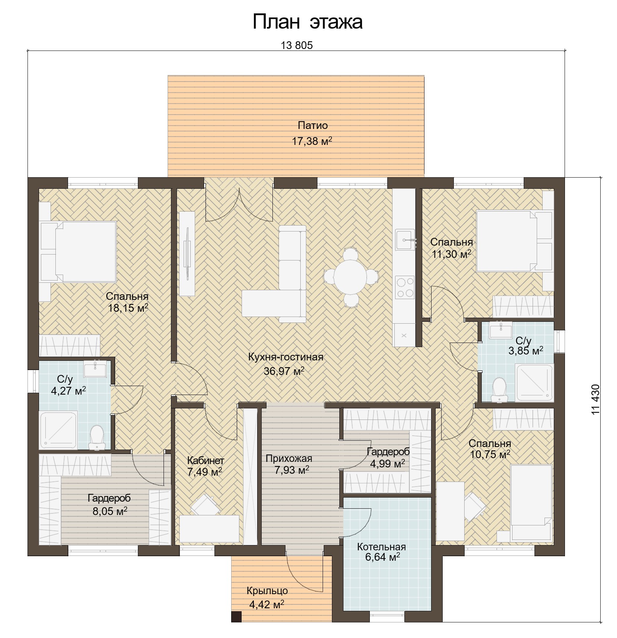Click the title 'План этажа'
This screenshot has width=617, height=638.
[x=307, y=22]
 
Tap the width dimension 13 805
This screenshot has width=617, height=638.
[x=297, y=45]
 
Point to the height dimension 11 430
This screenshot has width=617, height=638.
[x=595, y=399]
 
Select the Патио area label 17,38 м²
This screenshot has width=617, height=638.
[x=311, y=141]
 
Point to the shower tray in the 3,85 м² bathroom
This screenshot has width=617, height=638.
[x=534, y=383]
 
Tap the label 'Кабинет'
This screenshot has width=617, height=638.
[x=206, y=460]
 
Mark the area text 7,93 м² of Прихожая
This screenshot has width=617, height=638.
[x=292, y=470]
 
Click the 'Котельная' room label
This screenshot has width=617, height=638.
[x=381, y=547]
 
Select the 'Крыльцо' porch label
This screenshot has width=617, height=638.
[x=267, y=590]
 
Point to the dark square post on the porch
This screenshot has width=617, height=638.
[x=236, y=617]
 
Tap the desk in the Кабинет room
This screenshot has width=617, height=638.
[x=209, y=528]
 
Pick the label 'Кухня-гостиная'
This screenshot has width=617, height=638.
[x=286, y=357]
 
